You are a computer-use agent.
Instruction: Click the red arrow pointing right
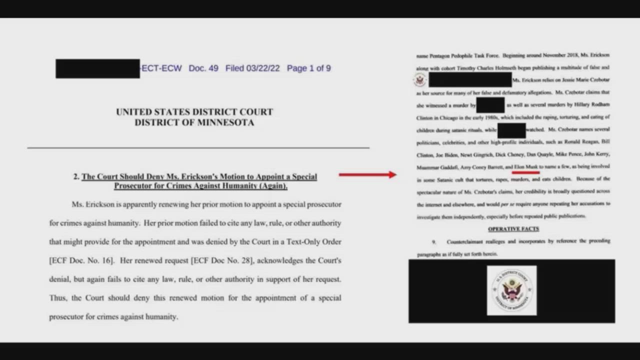367,174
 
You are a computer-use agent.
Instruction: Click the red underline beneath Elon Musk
526,172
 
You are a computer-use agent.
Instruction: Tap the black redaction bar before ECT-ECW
97,68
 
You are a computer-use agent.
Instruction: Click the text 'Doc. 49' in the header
203,68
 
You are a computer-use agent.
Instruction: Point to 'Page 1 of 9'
308,68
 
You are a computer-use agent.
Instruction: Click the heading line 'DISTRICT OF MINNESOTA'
194,122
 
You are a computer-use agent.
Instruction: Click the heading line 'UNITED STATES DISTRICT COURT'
194,111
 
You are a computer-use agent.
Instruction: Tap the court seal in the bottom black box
511,290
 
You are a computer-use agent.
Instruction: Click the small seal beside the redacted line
420,80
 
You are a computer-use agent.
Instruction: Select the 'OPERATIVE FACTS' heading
513,229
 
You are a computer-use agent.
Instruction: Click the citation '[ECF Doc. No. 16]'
81,260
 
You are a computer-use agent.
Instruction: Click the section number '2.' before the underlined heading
76,176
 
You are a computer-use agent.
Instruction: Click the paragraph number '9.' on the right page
434,241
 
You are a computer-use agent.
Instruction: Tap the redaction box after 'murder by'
490,105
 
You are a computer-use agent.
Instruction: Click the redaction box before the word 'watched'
511,130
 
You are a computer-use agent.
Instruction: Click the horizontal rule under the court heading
198,148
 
